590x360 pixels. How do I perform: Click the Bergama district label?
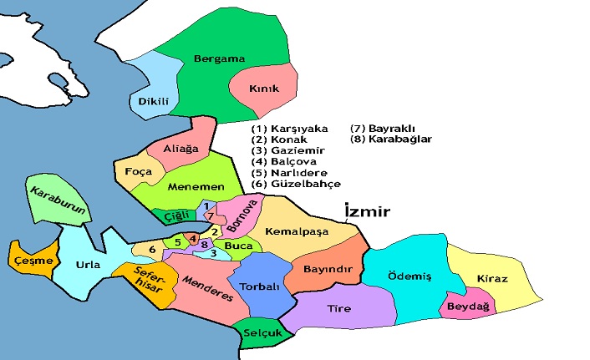coord(219,58)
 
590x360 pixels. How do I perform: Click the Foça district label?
coord(136,171)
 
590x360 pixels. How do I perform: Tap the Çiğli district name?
coord(175,214)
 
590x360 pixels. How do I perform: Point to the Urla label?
coord(88,265)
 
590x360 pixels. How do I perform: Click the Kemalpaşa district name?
coord(293,230)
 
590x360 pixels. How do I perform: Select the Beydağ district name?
coord(469,307)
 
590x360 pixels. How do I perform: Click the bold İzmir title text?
coord(368,212)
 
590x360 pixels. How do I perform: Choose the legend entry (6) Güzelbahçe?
coord(296,183)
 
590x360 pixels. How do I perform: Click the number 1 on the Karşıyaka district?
coord(206,205)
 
